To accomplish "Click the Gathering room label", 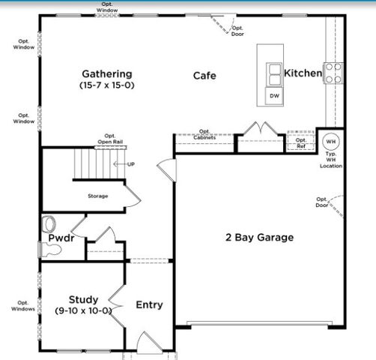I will click(106, 73).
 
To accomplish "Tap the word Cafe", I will click(204, 76).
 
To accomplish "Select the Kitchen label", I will click(303, 73).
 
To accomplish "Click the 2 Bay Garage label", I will click(260, 238).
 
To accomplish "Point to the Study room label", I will click(83, 298).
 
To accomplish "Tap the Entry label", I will click(149, 304).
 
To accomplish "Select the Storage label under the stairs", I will click(97, 196).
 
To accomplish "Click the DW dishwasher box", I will click(274, 96).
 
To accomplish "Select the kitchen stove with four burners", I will click(333, 72).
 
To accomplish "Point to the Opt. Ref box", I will click(300, 142).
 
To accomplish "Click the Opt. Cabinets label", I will click(204, 135).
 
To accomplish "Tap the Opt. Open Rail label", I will click(110, 139).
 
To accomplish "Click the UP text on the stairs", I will click(131, 163).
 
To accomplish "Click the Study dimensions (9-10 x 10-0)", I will click(83, 310).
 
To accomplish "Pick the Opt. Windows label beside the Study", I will click(23, 306).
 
